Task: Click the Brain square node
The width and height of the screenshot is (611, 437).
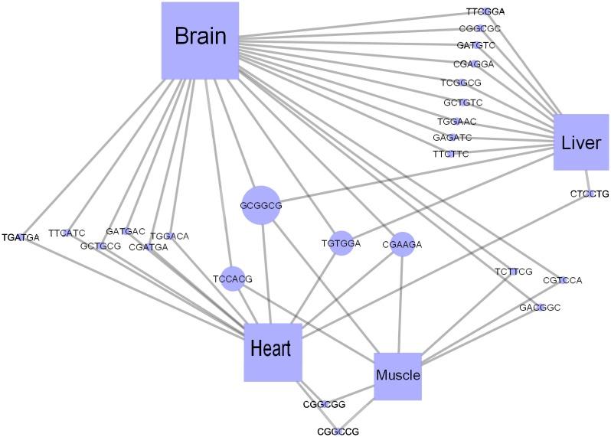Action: [201, 41]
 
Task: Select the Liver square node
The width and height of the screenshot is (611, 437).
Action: [581, 142]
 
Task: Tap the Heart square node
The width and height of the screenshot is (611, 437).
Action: [273, 352]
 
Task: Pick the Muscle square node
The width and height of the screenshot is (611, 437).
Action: [398, 377]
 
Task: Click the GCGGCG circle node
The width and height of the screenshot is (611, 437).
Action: [261, 205]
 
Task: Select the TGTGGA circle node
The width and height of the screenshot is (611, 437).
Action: [341, 243]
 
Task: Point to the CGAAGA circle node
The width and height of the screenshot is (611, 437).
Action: [402, 244]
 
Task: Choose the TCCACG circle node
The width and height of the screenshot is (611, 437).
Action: [233, 279]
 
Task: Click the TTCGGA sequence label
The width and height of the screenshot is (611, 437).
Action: [485, 11]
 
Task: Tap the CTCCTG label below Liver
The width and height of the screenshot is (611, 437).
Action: [590, 194]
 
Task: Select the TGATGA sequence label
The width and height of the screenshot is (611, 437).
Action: [21, 237]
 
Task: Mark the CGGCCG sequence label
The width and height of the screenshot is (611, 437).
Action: [338, 432]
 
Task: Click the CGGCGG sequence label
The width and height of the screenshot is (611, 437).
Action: [324, 404]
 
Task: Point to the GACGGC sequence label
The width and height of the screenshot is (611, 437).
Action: [540, 308]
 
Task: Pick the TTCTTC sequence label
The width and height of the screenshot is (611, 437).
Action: [451, 154]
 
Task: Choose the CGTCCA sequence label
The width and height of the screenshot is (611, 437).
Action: [562, 280]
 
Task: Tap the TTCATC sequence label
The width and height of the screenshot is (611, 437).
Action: [67, 233]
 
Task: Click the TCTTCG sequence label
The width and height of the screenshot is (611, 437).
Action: [514, 272]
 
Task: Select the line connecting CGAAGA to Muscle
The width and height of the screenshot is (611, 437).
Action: [400, 305]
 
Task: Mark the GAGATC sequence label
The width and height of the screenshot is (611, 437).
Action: [453, 138]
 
